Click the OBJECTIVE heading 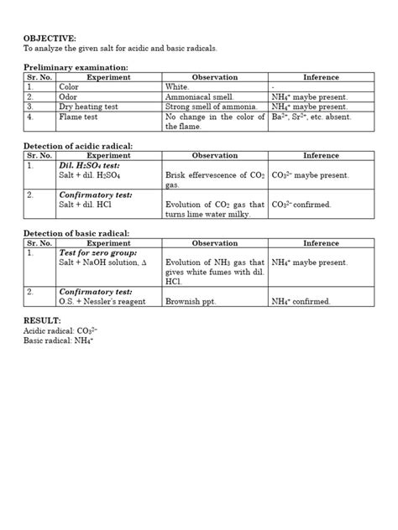pos(50,39)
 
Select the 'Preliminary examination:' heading pos(76,66)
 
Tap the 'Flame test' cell pos(78,117)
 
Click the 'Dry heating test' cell pos(90,107)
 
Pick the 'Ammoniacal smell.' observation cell pos(200,96)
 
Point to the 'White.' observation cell pos(178,86)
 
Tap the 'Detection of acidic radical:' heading pos(78,146)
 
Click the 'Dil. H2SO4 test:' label pos(91,166)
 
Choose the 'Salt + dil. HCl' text pos(86,204)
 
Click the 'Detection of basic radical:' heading pos(76,232)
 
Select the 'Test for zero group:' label pos(97,252)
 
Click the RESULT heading pos(42,320)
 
